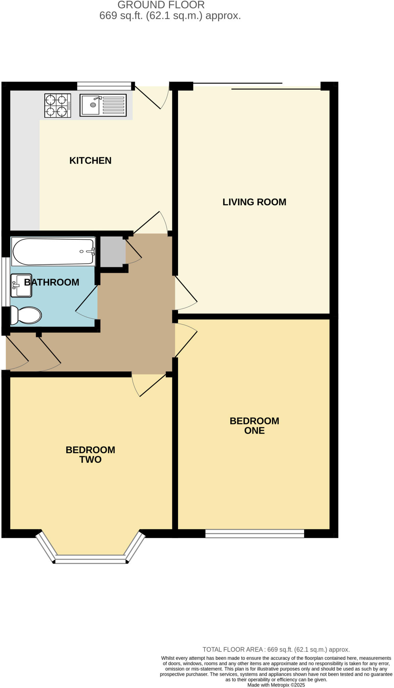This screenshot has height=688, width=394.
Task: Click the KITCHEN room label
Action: coord(90,161)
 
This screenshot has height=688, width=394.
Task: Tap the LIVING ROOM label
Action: coord(254,202)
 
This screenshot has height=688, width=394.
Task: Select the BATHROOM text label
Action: coord(52,282)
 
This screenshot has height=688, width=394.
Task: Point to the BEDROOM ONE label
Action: coord(254,426)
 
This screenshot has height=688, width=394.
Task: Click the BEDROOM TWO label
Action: coord(90,455)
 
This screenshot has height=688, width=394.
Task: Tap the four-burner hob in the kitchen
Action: coord(58,105)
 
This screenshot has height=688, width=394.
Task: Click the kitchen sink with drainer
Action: coord(103,105)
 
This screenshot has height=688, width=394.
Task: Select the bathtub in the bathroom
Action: coord(53,252)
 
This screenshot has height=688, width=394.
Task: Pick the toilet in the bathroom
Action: coord(26,315)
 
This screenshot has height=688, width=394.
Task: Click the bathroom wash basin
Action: coord(21,286)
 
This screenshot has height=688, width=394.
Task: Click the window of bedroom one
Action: coord(255,533)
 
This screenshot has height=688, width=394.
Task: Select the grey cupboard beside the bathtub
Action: coord(113,252)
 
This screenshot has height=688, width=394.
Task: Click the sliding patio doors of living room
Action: coord(257,86)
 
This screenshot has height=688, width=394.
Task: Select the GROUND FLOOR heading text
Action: coord(161,5)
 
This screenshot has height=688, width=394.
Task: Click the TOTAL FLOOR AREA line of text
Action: coord(276,649)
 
